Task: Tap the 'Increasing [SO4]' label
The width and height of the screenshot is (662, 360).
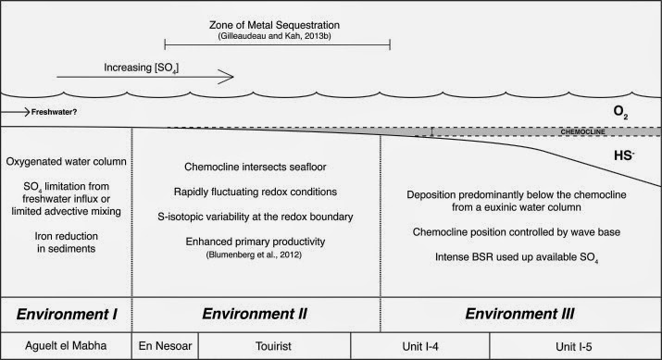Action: (x=134, y=68)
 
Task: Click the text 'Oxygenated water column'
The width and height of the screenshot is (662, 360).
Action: (x=67, y=163)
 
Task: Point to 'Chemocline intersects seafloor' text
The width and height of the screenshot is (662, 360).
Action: (x=256, y=167)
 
